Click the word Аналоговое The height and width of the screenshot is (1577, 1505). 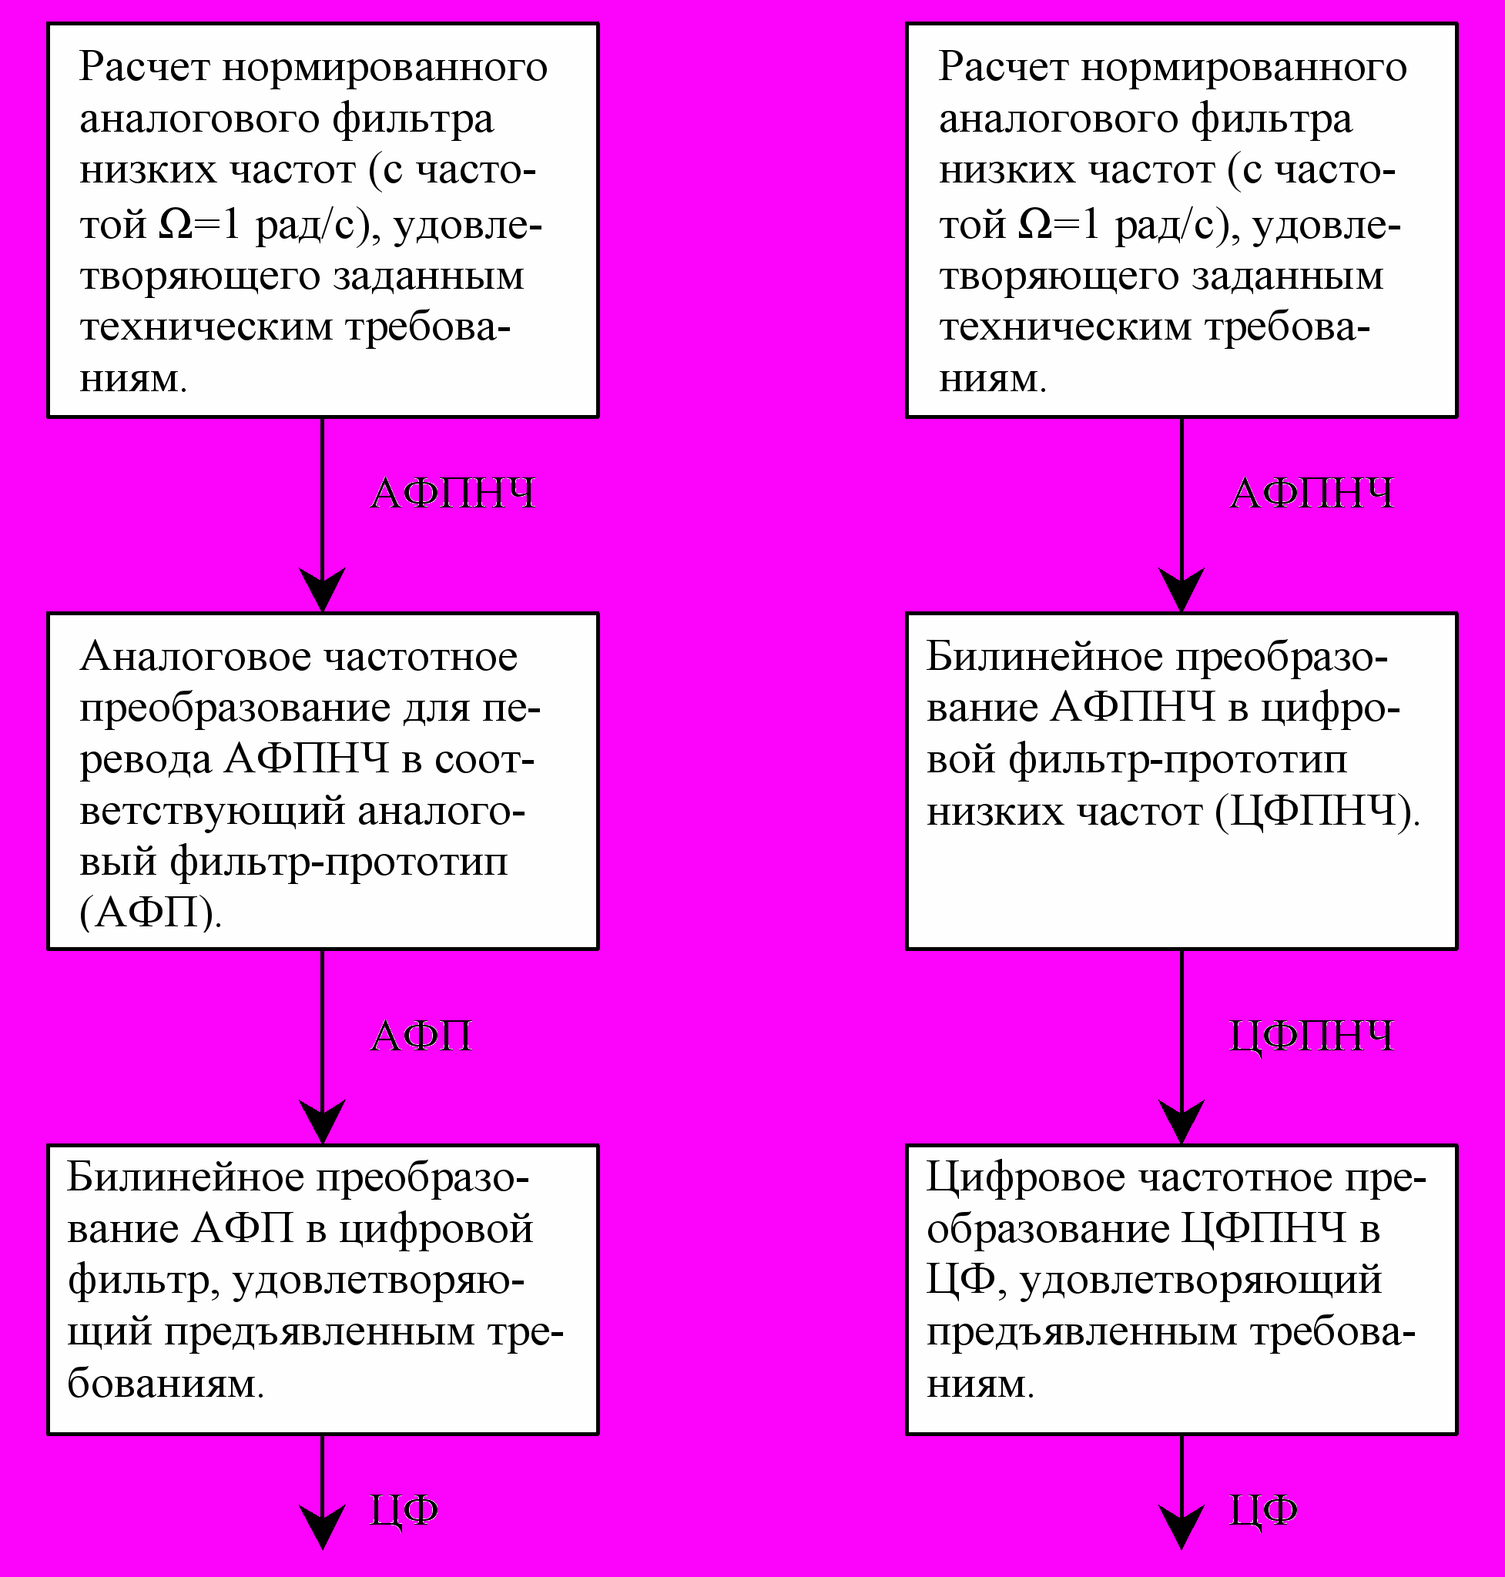[195, 658]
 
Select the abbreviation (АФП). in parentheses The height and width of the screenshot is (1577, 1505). [150, 912]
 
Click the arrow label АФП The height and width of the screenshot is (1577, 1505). [421, 1036]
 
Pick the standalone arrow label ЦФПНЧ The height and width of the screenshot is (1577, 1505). [1312, 1036]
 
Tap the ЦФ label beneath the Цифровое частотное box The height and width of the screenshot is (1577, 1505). [1263, 1512]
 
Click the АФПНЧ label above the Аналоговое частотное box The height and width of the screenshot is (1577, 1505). [452, 493]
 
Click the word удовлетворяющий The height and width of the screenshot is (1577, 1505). [1200, 1281]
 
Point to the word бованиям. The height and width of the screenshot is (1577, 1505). [166, 1384]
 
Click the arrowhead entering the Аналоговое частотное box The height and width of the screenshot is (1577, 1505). [323, 590]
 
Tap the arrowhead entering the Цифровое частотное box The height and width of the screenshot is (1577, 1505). [1182, 1121]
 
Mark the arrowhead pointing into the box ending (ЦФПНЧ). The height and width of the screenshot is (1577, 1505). [1182, 590]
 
